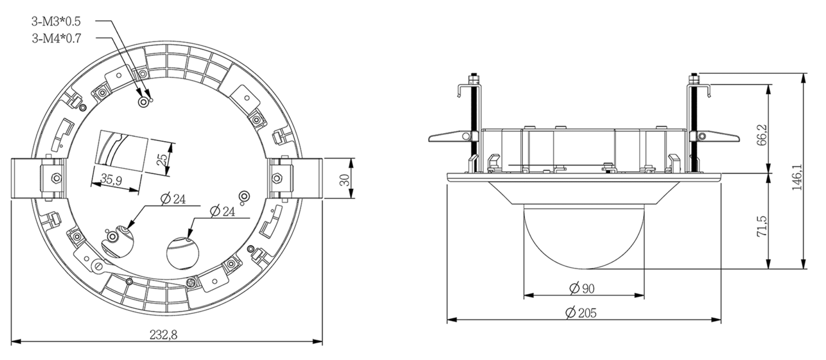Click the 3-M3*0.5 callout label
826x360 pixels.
(56, 21)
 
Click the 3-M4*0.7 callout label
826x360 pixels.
(56, 38)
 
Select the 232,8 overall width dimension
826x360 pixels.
(163, 335)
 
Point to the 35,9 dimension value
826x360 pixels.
(111, 180)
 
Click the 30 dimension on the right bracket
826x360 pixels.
(344, 179)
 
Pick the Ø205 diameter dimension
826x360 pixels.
(582, 312)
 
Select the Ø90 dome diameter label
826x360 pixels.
(582, 288)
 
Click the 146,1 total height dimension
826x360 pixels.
(797, 177)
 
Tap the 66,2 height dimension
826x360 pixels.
(762, 135)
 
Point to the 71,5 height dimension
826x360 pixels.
(762, 225)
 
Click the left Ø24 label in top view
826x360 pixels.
(173, 199)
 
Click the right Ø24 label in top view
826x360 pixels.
(223, 211)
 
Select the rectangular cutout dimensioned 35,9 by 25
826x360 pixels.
(122, 150)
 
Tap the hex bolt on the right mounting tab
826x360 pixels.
(278, 178)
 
